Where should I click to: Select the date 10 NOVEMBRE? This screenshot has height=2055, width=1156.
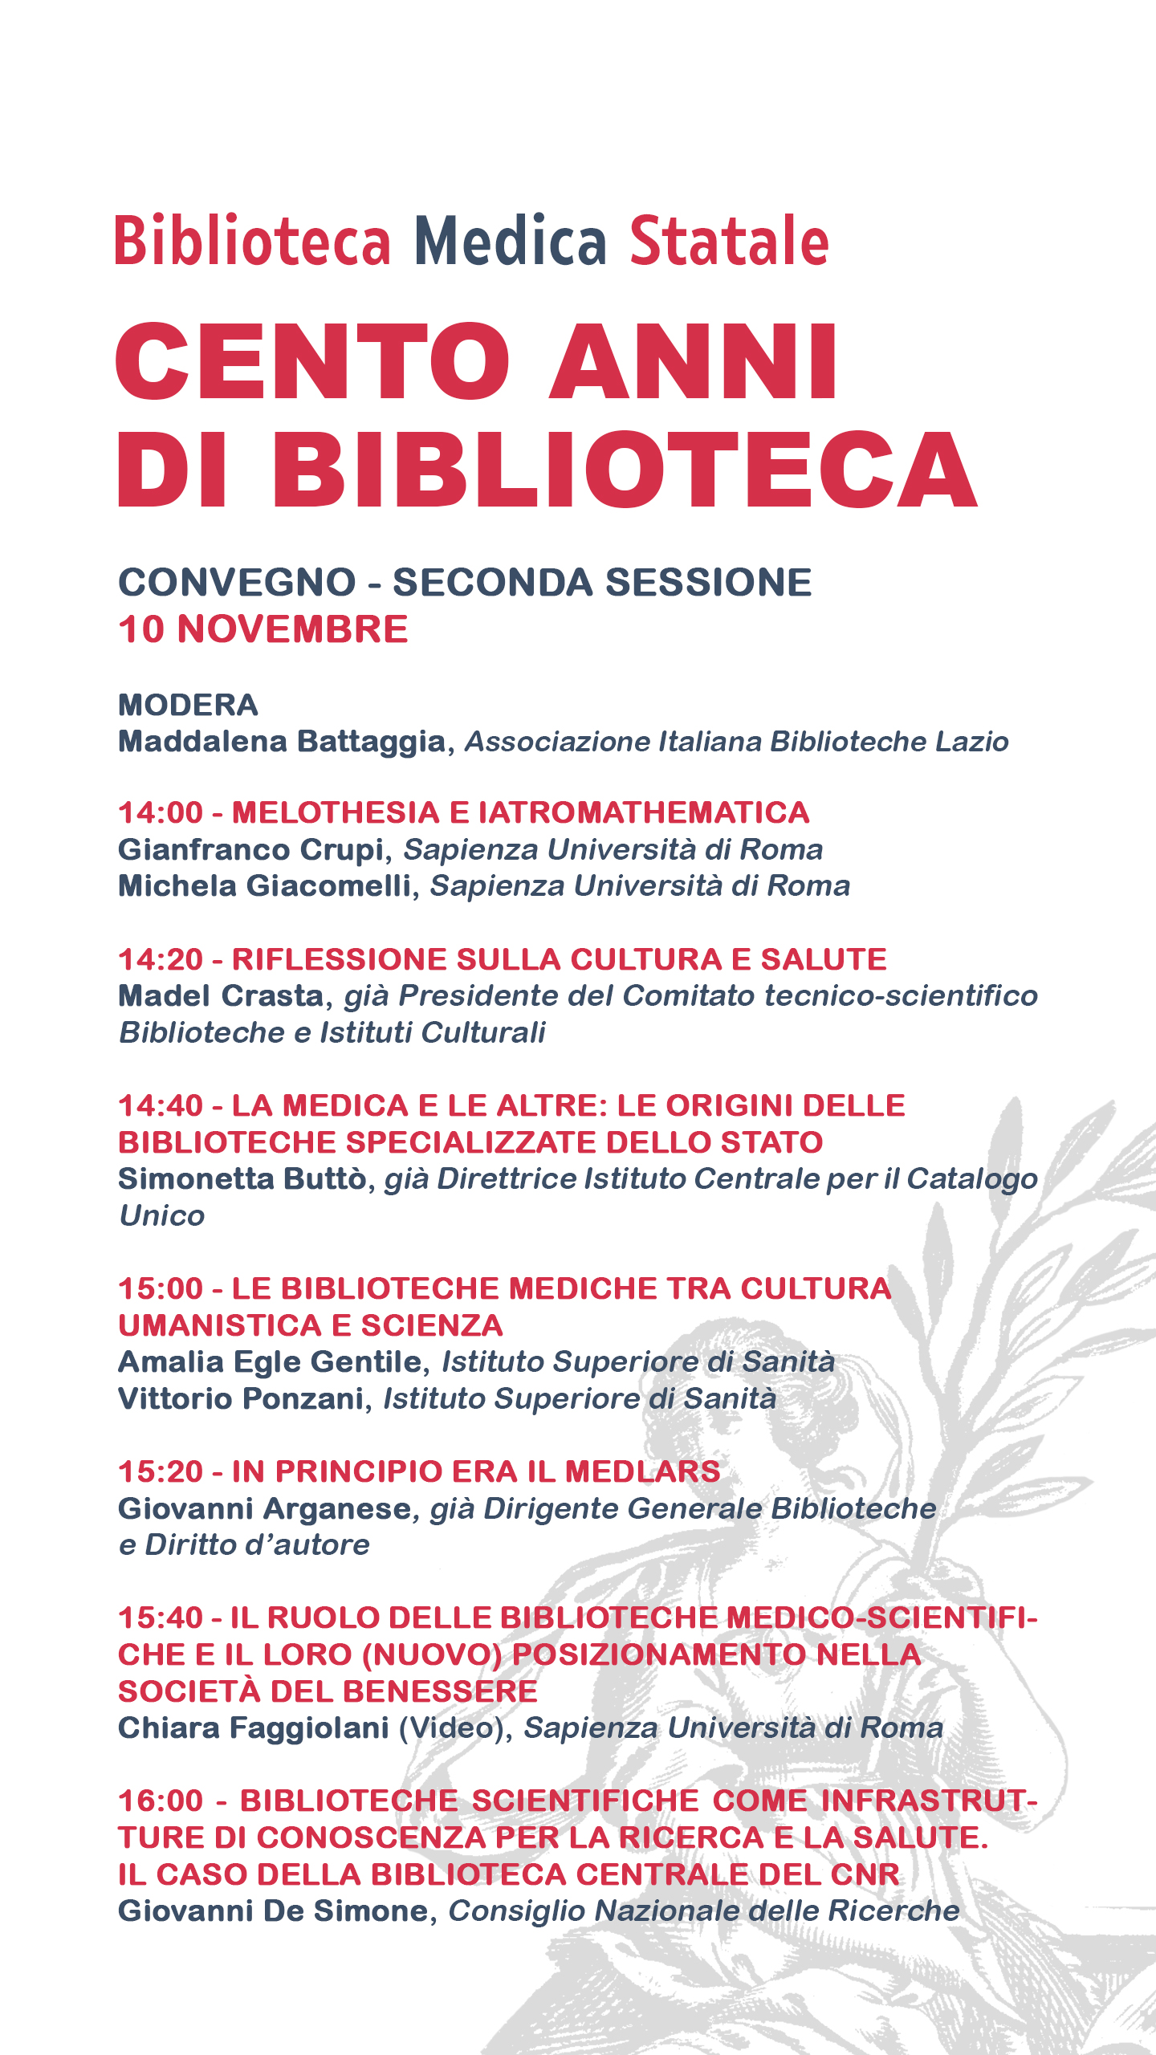click(x=263, y=629)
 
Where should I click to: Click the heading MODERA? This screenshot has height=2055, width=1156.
click(x=188, y=705)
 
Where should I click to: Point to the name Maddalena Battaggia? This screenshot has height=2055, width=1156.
click(x=281, y=741)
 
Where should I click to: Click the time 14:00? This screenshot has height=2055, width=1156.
click(x=161, y=812)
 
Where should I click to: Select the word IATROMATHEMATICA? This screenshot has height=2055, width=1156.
click(x=644, y=812)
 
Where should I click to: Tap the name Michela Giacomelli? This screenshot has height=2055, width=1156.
click(x=264, y=885)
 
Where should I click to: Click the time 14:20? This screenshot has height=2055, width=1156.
click(x=161, y=959)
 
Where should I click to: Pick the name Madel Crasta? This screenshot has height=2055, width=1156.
click(x=220, y=995)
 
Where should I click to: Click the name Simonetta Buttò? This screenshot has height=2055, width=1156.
click(x=242, y=1178)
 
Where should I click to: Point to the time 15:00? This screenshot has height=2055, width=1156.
click(x=161, y=1288)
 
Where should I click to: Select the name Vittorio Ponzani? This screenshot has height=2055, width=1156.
click(x=241, y=1398)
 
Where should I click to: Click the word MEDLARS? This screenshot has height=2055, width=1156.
click(x=642, y=1471)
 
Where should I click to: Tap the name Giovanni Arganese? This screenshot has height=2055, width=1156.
click(x=264, y=1508)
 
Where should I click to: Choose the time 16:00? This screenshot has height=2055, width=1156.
click(x=161, y=1801)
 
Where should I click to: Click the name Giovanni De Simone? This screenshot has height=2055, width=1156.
click(x=273, y=1911)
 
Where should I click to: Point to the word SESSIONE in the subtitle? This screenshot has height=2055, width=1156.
click(x=709, y=582)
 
